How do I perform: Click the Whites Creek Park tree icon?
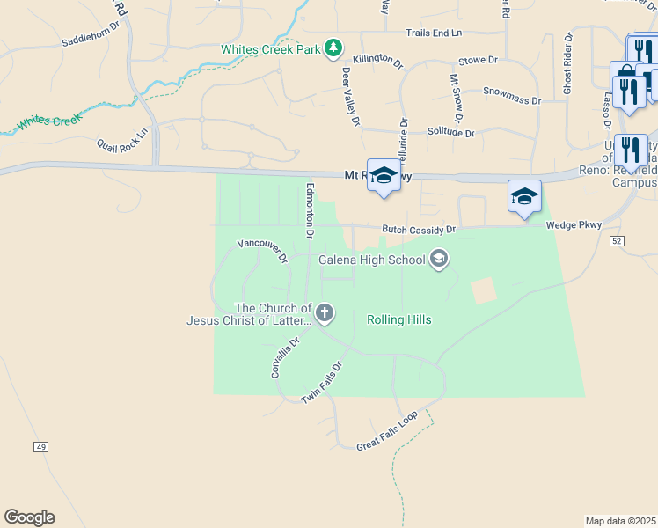333,48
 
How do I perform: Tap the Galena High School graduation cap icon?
438,259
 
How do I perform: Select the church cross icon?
325,312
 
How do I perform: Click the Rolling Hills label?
398,319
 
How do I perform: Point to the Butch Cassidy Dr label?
419,230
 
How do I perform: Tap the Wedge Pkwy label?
574,225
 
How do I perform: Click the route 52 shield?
616,240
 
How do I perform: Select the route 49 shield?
41,447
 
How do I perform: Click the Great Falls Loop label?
386,432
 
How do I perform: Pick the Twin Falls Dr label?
321,384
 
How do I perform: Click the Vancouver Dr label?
263,251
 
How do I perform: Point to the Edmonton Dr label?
309,210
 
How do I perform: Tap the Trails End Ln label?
434,33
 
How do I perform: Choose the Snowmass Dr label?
512,95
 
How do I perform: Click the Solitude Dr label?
450,132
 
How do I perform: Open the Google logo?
29,517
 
